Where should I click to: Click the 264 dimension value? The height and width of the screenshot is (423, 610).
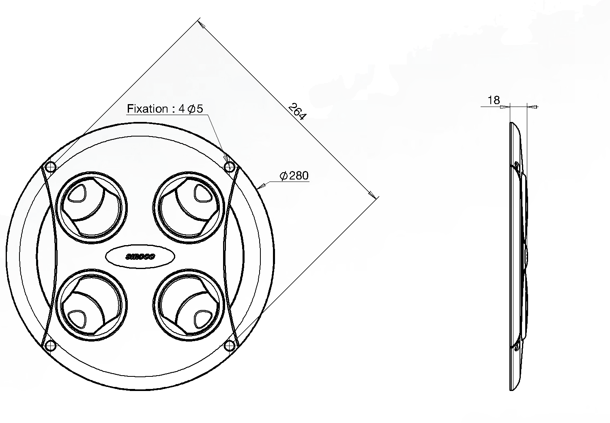click(x=297, y=111)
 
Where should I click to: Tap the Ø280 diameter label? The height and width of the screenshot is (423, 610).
click(x=294, y=176)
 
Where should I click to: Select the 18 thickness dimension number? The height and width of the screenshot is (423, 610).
click(x=494, y=100)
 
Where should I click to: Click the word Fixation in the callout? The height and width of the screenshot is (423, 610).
click(x=147, y=109)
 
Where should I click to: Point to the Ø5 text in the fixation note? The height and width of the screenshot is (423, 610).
click(x=195, y=109)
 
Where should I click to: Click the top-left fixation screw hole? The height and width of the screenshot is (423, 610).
click(x=50, y=167)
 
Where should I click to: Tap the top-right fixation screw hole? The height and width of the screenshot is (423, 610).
click(x=230, y=167)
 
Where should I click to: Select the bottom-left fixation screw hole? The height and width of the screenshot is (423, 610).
click(x=50, y=346)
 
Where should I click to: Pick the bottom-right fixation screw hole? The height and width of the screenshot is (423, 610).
click(x=230, y=346)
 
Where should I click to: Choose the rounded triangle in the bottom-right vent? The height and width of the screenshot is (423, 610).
click(x=203, y=319)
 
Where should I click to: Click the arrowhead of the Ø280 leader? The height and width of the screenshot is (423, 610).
click(x=261, y=186)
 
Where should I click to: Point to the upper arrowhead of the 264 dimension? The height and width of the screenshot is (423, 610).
click(x=202, y=24)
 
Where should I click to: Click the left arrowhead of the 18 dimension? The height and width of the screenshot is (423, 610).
click(x=505, y=107)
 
